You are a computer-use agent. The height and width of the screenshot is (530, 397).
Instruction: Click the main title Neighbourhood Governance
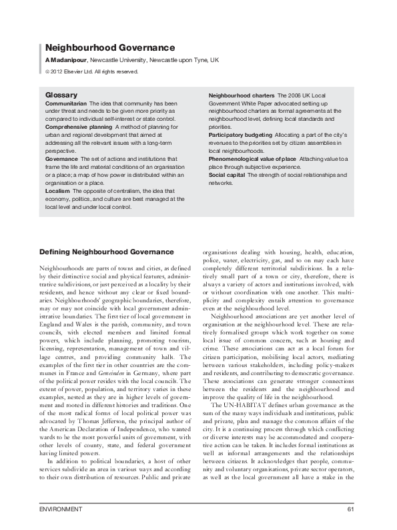tap(109, 48)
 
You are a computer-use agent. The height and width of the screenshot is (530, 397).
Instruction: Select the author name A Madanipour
tap(66, 60)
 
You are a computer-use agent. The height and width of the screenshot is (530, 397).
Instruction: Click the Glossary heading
tap(61, 95)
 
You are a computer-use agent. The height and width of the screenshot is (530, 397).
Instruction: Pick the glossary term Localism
tap(57, 191)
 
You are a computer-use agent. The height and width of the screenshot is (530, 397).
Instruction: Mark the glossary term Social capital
tap(227, 174)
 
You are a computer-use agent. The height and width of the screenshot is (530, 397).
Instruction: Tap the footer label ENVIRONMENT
tap(61, 510)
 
